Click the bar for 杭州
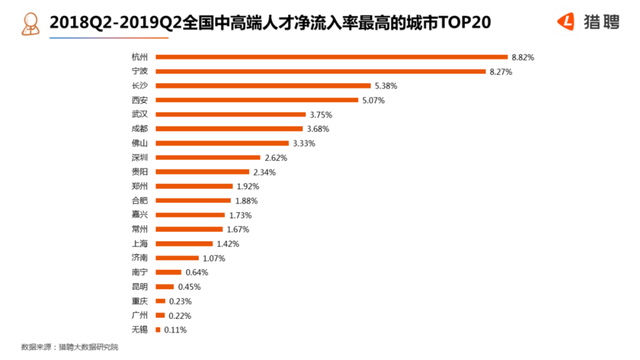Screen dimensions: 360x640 pyautogui.click(x=330, y=58)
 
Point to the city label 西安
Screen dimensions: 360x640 pyautogui.click(x=139, y=100)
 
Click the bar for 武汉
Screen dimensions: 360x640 pyautogui.click(x=230, y=115)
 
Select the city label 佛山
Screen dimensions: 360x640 pyautogui.click(x=139, y=143)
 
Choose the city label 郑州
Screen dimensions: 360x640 pyautogui.click(x=139, y=186)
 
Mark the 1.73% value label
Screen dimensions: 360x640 pyautogui.click(x=240, y=215)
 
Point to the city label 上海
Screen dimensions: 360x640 pyautogui.click(x=139, y=243)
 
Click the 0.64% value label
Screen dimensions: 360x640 pyautogui.click(x=198, y=272)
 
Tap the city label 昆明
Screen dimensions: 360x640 pyautogui.click(x=139, y=286)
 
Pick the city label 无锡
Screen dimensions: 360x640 pyautogui.click(x=139, y=329)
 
